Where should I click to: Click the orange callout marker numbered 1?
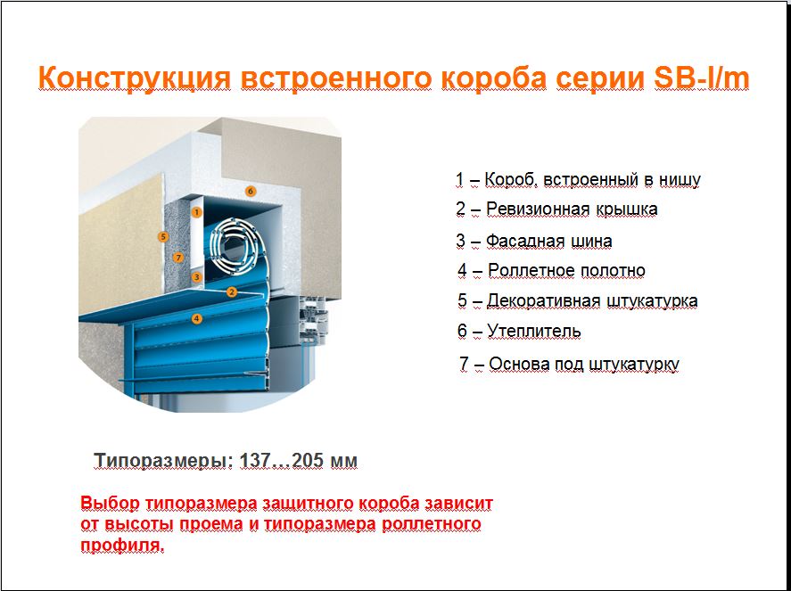(197, 212)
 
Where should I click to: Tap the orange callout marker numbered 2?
(232, 291)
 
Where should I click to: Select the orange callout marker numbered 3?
(197, 276)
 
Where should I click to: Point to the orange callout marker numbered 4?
(197, 318)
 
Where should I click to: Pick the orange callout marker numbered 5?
(162, 236)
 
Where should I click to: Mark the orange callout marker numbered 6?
(251, 191)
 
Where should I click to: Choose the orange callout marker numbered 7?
(177, 258)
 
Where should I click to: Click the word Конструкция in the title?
(135, 78)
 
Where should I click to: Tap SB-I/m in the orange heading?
(701, 78)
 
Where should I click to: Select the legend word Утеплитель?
(533, 332)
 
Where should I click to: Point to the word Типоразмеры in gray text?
(164, 461)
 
